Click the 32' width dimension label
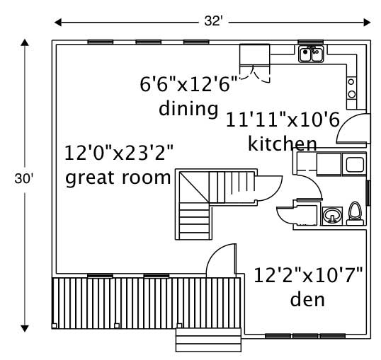coord(213,21)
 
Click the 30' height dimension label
coord(23,180)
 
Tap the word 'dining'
coord(188,109)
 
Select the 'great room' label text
coord(118,177)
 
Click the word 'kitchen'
coord(282,144)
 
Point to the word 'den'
coord(307,299)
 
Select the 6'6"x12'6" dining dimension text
coord(188,86)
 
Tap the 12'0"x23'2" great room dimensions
coord(118,153)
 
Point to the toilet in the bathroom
coord(355,213)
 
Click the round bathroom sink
coord(331,215)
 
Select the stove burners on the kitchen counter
coord(351,88)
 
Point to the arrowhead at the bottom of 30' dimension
coord(24,327)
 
